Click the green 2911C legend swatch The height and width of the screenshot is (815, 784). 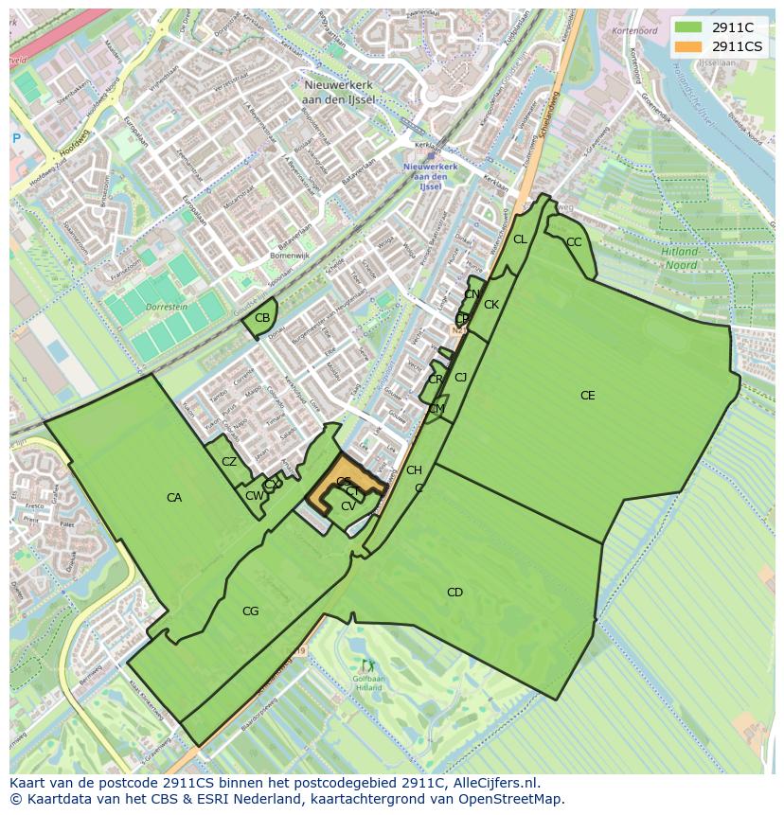click(688, 27)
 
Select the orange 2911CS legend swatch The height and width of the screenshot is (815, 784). click(688, 46)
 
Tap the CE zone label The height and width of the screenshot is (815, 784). click(588, 396)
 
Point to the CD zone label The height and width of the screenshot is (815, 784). click(454, 593)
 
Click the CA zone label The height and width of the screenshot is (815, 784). click(174, 497)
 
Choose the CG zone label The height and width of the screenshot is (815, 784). click(250, 611)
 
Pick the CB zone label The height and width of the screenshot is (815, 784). click(262, 317)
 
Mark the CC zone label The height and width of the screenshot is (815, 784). click(574, 242)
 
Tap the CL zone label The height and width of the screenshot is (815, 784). click(520, 239)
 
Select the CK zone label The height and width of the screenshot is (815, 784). click(491, 305)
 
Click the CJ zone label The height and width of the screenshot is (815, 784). click(461, 378)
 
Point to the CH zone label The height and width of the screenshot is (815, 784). click(414, 470)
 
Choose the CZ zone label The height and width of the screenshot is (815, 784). click(229, 462)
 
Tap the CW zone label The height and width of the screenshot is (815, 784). click(254, 496)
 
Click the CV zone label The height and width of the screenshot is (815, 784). click(348, 506)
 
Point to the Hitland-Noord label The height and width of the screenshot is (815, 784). click(679, 258)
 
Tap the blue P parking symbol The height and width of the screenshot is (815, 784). click(16, 138)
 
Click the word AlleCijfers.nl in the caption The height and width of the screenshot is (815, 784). click(491, 783)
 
